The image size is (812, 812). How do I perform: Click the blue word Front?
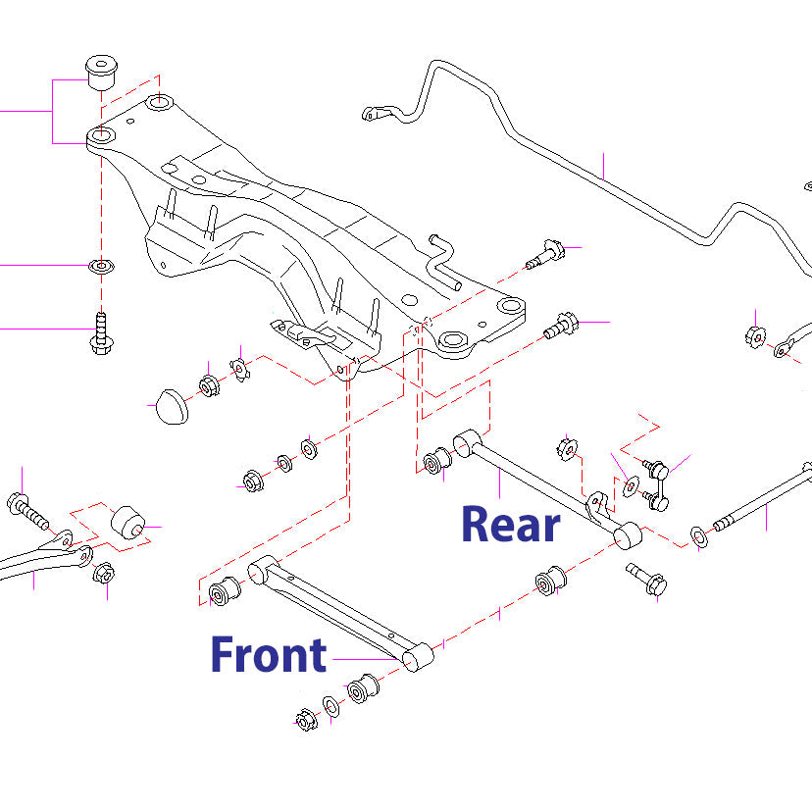pyautogui.click(x=268, y=655)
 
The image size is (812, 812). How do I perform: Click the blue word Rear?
pyautogui.click(x=510, y=525)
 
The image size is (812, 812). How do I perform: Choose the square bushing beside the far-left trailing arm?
pyautogui.click(x=127, y=524)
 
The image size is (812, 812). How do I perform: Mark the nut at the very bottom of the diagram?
pyautogui.click(x=304, y=720)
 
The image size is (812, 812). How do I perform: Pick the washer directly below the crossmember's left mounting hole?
pyautogui.click(x=100, y=266)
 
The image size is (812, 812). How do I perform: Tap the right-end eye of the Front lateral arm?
pyautogui.click(x=418, y=656)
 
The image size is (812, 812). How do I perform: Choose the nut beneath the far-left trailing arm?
pyautogui.click(x=103, y=573)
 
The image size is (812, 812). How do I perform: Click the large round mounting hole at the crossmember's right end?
pyautogui.click(x=454, y=341)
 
